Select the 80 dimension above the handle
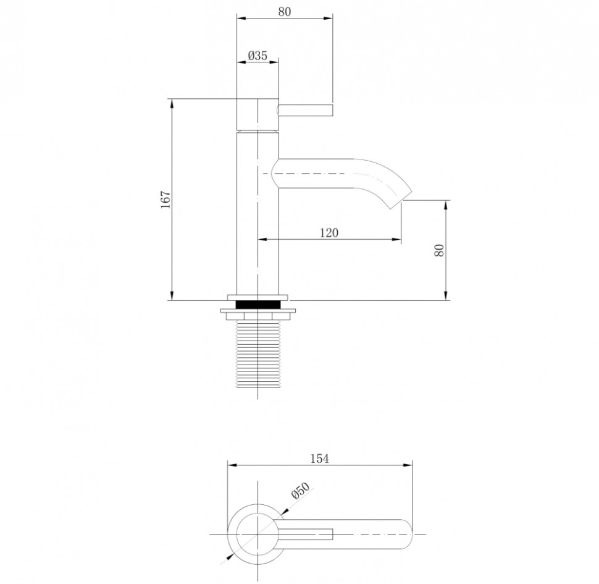(x=285, y=11)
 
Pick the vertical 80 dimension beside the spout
(x=439, y=250)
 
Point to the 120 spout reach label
(x=329, y=232)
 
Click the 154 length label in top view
(x=320, y=458)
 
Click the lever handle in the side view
(x=306, y=110)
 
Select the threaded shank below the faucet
(x=258, y=355)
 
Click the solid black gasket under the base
(x=258, y=304)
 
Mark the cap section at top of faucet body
(x=258, y=114)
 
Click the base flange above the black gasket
(x=258, y=296)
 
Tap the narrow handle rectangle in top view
(x=309, y=533)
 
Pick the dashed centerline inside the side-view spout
(x=309, y=174)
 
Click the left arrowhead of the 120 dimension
(x=261, y=240)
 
